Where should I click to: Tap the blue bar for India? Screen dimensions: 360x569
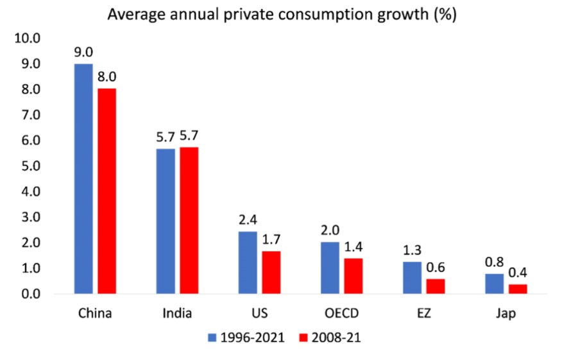point(165,221)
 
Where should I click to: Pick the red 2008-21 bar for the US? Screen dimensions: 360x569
point(271,272)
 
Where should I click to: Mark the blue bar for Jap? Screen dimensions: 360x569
point(494,284)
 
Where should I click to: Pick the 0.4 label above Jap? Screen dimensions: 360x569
point(517,274)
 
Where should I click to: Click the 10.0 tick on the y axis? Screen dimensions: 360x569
point(27,39)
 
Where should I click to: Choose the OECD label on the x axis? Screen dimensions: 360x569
point(341,314)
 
